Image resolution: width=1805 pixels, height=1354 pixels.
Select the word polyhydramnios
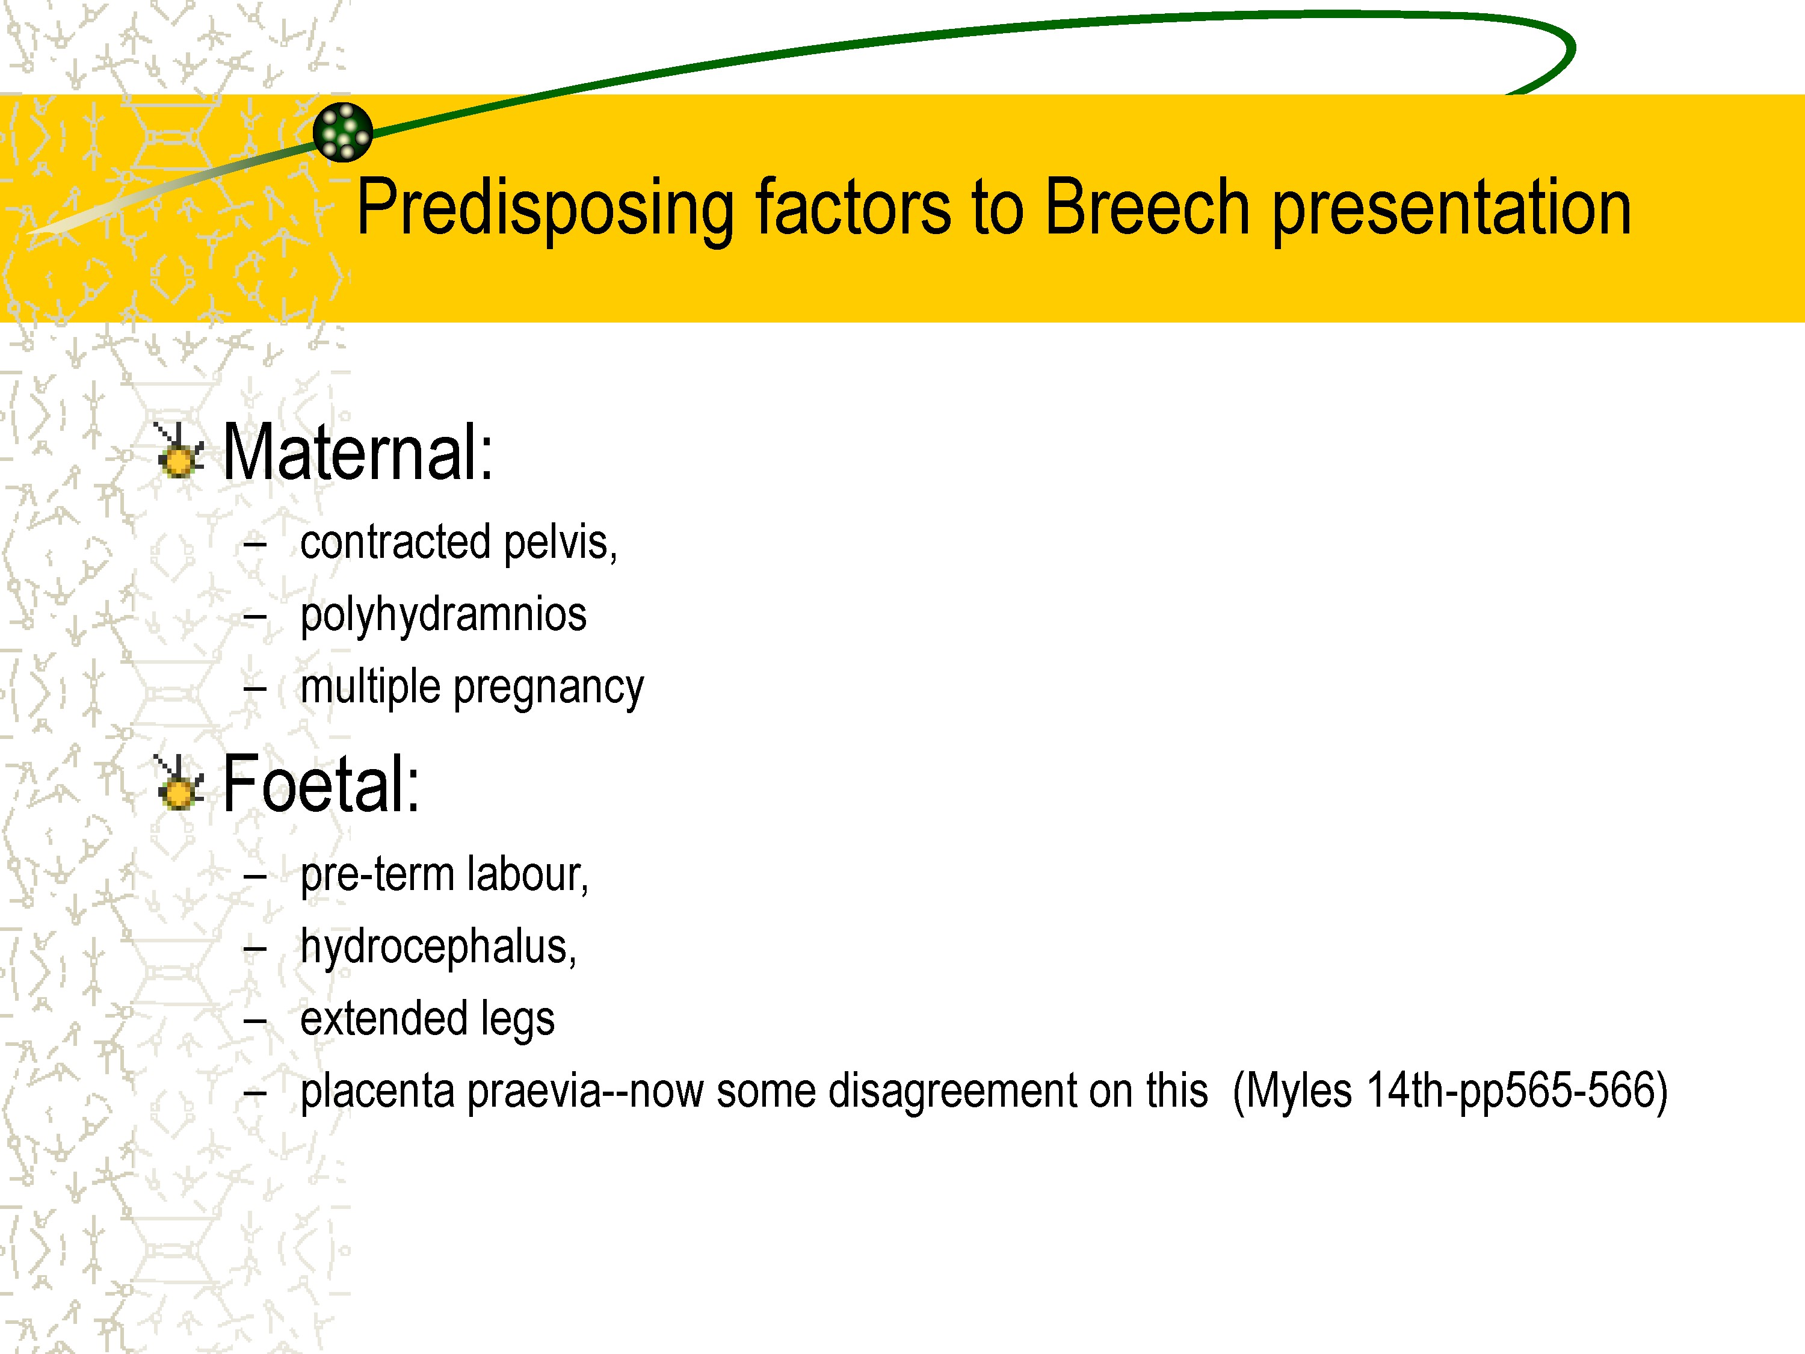(x=443, y=616)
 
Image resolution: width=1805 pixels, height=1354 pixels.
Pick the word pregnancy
(x=548, y=688)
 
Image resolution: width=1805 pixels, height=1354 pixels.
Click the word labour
(x=528, y=875)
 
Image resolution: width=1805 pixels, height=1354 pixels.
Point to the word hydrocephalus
(x=438, y=948)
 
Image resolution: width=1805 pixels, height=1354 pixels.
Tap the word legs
(x=517, y=1020)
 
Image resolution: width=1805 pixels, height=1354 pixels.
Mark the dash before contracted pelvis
(x=256, y=545)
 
